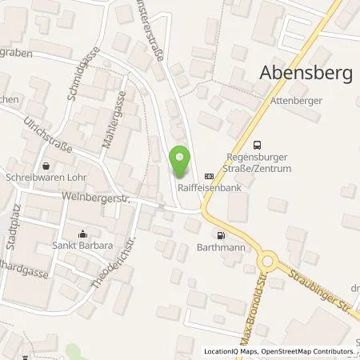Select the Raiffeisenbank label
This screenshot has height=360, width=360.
tap(204, 188)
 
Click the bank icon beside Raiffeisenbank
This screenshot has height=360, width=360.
tap(210, 176)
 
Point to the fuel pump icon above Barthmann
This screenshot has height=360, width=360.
tap(220, 235)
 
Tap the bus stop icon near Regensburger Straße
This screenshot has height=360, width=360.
tap(257, 145)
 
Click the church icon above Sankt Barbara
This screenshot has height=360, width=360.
tap(82, 234)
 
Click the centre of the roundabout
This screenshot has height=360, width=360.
tap(267, 263)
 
